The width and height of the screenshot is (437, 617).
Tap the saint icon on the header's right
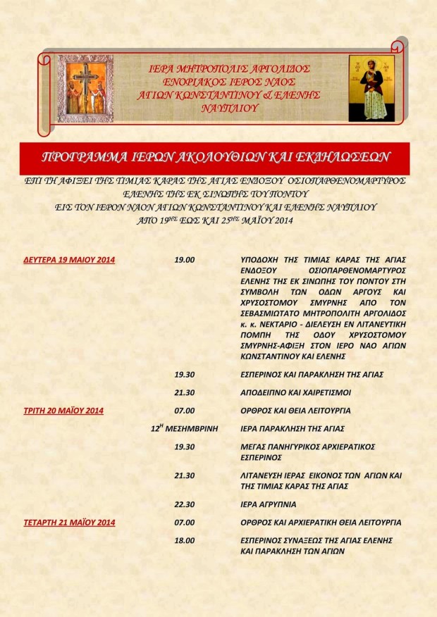[x=371, y=88]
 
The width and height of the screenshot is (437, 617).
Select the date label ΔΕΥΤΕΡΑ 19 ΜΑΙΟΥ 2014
[x=69, y=260]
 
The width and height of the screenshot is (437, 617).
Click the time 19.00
[x=184, y=260]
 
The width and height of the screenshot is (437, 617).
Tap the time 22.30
[x=184, y=504]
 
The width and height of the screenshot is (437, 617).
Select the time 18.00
[x=184, y=540]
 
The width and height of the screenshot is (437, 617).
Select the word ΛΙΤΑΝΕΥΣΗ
[x=266, y=476]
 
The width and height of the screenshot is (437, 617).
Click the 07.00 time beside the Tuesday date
[x=184, y=410]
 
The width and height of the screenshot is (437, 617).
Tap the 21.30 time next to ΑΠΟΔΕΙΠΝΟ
[x=184, y=392]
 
